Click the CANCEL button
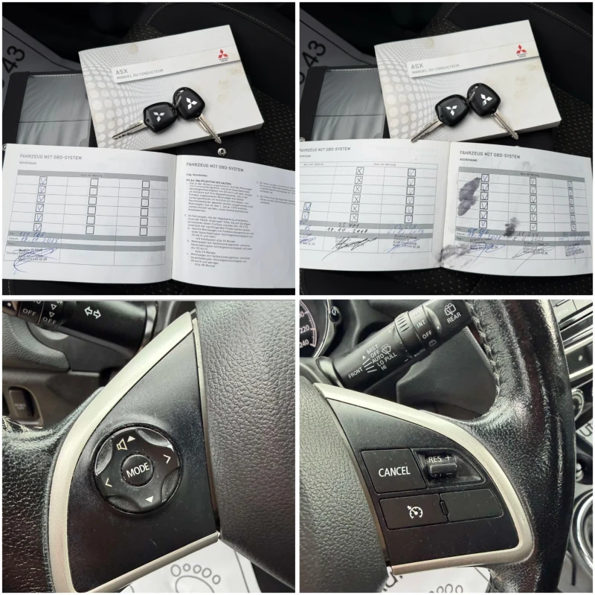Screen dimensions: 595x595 tap(393, 471)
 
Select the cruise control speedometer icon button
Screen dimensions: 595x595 tap(414, 511)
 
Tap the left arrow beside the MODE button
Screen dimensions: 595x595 tap(108, 483)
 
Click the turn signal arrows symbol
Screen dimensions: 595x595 tap(93, 312)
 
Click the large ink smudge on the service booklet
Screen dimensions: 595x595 tap(467, 196)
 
